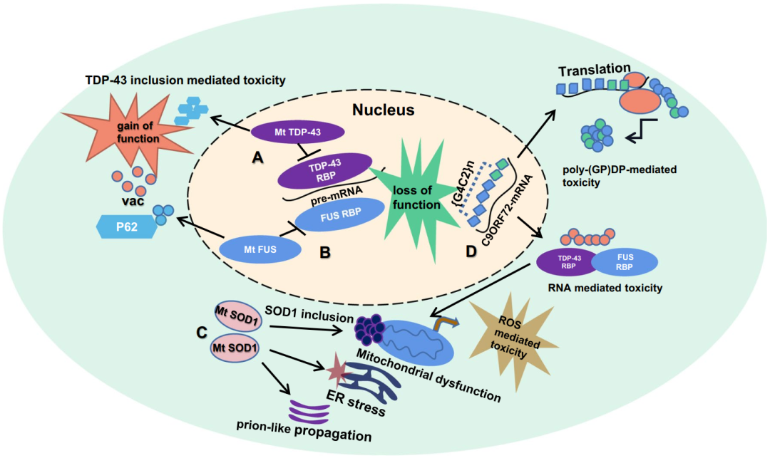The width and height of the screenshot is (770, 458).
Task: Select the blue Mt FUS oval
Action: click(x=260, y=249)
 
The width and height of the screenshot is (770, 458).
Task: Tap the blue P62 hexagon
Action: click(x=127, y=227)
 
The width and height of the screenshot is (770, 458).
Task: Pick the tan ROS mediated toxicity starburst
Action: click(x=513, y=341)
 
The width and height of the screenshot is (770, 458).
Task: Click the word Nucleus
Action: click(x=383, y=110)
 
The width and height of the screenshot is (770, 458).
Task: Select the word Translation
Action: click(x=594, y=70)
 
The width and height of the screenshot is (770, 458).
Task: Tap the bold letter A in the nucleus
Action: click(x=257, y=157)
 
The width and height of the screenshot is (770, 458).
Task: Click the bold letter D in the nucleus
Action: click(x=471, y=251)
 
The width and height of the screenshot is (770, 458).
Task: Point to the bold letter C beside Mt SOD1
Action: click(x=201, y=333)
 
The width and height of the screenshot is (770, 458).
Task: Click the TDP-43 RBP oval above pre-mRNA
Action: click(x=324, y=171)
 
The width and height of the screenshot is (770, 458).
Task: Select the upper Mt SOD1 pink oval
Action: click(x=237, y=317)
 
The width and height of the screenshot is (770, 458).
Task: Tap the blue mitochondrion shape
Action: click(x=416, y=343)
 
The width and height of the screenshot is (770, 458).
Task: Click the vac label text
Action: click(x=133, y=201)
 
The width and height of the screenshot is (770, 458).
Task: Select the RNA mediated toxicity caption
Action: click(x=605, y=288)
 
